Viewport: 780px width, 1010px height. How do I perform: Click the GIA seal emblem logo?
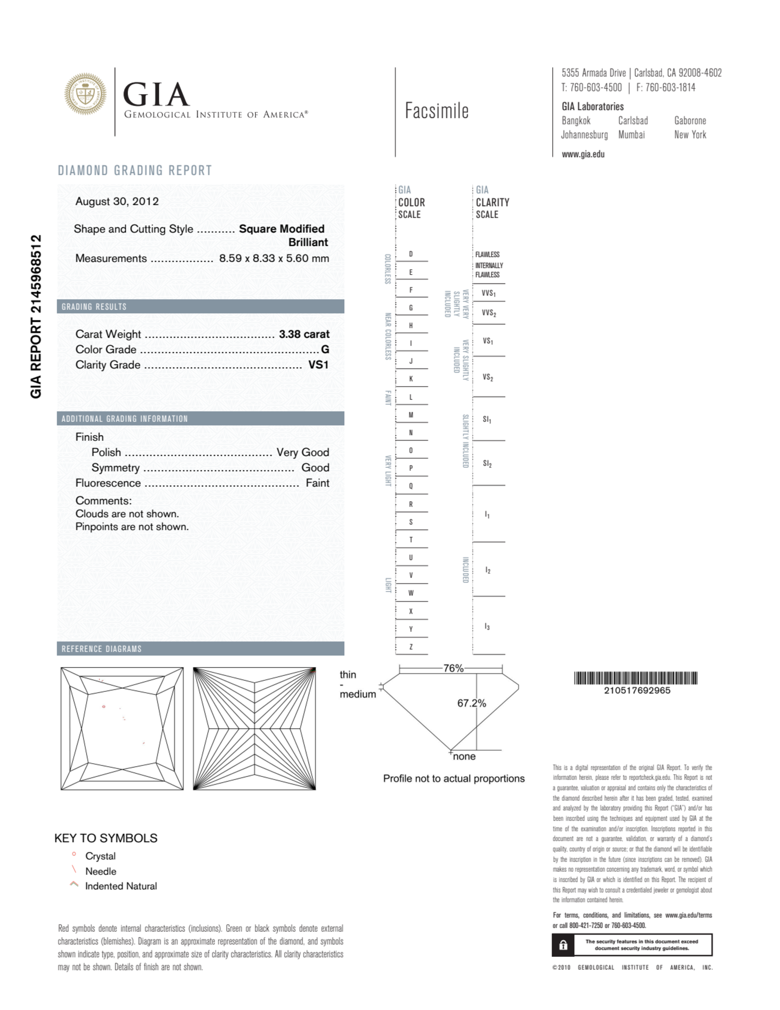pos(85,94)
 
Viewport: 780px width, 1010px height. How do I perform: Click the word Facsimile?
pos(437,111)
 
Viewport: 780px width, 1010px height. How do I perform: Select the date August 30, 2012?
pos(117,202)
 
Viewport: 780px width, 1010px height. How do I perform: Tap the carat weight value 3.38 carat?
pos(304,334)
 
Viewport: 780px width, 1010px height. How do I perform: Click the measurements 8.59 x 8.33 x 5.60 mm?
pos(274,258)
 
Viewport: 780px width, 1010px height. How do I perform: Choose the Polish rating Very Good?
pos(302,452)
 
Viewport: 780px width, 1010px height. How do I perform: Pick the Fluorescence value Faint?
pos(317,483)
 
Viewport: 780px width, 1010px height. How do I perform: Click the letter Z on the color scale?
pos(410,647)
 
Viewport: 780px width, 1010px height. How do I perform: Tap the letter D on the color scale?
pos(410,254)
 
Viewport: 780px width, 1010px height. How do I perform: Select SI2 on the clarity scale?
pos(487,463)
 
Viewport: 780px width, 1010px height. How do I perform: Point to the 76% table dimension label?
pos(453,668)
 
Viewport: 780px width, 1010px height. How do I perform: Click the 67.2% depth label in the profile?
pos(472,703)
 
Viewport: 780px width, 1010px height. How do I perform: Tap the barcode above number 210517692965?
pos(635,678)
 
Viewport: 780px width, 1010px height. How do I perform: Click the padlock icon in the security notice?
pos(563,945)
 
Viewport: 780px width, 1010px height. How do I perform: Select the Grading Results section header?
pos(94,307)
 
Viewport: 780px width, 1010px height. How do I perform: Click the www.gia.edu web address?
pos(583,154)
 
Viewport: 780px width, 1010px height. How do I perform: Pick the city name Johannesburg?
pos(584,135)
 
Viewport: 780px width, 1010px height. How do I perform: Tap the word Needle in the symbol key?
pos(101,871)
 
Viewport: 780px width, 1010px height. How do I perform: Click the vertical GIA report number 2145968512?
pos(36,316)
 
